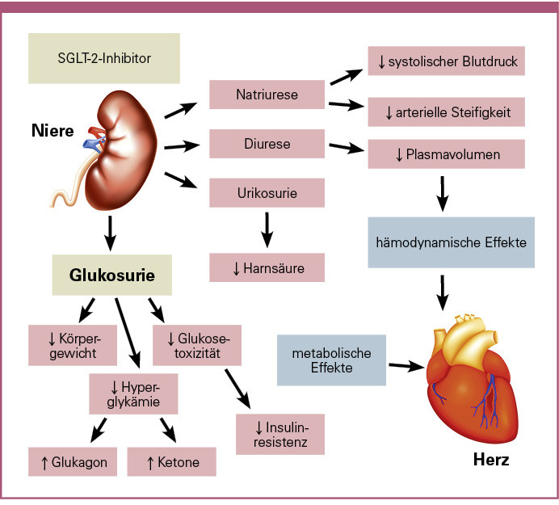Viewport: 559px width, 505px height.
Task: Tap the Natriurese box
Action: [x=267, y=95]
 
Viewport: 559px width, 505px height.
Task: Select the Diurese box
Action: [x=267, y=145]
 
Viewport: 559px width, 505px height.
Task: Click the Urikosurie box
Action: [x=267, y=194]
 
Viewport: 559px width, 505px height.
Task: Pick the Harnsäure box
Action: [x=267, y=267]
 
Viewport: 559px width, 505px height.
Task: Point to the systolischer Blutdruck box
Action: [x=446, y=60]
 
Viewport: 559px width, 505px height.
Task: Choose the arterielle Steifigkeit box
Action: [x=446, y=111]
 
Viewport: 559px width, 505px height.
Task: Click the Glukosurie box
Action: [x=112, y=276]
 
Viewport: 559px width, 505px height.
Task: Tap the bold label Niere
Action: [x=53, y=130]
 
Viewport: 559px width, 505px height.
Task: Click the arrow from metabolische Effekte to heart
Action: [x=407, y=366]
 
